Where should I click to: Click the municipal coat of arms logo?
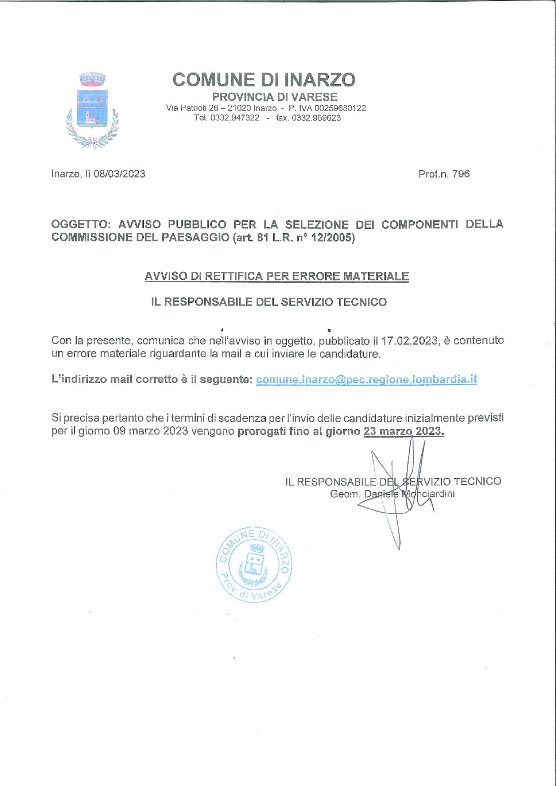coord(92,110)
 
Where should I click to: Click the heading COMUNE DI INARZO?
coord(264,80)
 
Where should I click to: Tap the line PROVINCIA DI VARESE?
coord(274,97)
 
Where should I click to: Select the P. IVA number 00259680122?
coord(340,108)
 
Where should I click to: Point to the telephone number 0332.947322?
coord(234,118)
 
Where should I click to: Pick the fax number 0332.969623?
coord(316,118)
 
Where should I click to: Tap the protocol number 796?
coord(461,174)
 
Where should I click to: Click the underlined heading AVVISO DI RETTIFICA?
coord(276,276)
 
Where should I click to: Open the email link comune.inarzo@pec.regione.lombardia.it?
coord(366,379)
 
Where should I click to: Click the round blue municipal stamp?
coord(254,564)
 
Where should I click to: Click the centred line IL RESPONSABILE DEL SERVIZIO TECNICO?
coord(268,302)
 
